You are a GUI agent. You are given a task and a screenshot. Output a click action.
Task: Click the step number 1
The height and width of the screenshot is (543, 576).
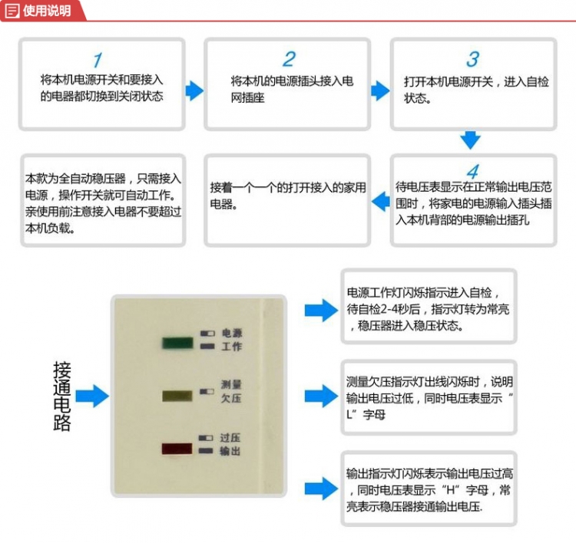pos(98,60)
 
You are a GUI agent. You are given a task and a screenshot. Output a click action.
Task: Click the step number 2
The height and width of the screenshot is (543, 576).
pos(289,59)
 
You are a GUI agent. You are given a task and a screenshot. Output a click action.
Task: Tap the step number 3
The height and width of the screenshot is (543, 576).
pos(473,59)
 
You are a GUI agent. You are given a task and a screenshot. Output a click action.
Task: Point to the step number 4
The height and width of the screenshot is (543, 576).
pos(473,171)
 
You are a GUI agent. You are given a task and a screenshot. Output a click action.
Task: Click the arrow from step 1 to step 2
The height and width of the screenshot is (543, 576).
pos(194,90)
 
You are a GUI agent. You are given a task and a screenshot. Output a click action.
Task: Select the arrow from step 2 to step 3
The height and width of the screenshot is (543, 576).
pos(380,90)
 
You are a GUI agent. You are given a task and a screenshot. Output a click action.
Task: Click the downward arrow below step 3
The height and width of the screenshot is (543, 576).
pos(470,140)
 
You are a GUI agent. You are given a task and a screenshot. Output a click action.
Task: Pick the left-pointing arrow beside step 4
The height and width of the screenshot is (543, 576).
pos(381,201)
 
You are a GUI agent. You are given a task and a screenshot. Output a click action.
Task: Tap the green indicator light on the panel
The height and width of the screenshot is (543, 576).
pos(178,343)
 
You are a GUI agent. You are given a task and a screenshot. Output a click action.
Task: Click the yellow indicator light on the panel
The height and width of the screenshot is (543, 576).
pos(177,396)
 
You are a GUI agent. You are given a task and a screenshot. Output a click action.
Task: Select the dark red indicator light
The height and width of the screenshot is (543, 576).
pos(177,449)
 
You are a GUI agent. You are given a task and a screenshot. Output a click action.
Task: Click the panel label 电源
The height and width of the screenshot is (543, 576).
pos(232,333)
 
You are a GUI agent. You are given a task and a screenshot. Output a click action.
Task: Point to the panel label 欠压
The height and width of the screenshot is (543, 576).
pos(231,398)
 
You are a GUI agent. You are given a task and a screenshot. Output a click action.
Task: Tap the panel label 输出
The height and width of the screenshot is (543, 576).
pos(230,451)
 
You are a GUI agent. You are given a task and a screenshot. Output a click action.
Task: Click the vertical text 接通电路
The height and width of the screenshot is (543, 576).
pos(61,396)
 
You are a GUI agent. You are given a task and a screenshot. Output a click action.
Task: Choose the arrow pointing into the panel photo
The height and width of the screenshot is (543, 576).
pos(92,396)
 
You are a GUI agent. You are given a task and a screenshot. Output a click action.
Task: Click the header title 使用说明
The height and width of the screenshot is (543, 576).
pos(47,11)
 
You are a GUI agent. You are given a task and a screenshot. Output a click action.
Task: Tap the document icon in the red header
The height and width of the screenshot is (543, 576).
pos(12,11)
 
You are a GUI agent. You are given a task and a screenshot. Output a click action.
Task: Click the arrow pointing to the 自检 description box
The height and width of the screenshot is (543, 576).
pos(321,311)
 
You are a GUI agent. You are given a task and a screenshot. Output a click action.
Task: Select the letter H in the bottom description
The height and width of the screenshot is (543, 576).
pos(450,489)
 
